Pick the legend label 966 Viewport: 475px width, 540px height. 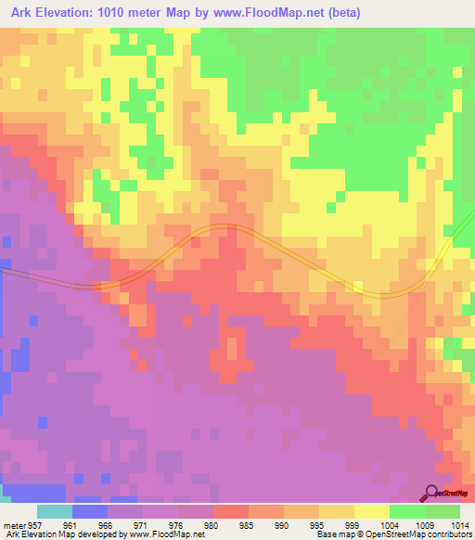(108, 524)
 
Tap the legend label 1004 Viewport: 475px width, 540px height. (388, 524)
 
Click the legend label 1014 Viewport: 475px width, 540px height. (458, 524)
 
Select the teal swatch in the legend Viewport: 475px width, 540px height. (55, 511)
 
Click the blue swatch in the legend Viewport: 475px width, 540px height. (90, 511)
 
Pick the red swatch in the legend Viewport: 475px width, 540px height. (230, 511)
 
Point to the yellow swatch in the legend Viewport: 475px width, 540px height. (371, 511)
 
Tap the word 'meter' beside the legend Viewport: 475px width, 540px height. (13, 524)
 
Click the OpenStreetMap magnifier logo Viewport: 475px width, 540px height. (431, 493)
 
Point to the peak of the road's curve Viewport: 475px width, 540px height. (223, 227)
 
